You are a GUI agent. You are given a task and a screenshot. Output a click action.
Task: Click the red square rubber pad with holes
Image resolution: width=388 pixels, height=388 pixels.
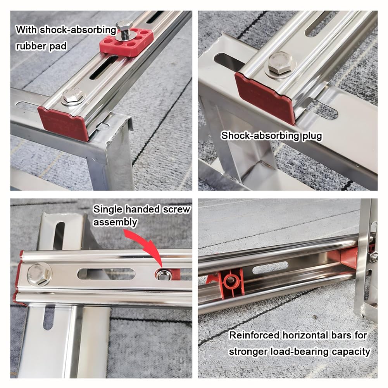point(126,42)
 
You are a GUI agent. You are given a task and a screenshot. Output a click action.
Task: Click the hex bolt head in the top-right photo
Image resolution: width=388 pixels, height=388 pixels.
point(280,64)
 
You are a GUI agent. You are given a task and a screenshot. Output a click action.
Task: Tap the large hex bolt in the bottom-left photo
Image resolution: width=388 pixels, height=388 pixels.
point(40,274)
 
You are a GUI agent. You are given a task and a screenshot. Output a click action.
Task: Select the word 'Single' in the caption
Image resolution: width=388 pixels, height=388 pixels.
point(108,209)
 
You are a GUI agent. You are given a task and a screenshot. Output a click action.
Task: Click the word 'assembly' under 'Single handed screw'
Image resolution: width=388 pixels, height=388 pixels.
point(115,222)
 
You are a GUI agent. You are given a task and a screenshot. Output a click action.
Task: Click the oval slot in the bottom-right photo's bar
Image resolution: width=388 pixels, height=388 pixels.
point(270,268)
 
